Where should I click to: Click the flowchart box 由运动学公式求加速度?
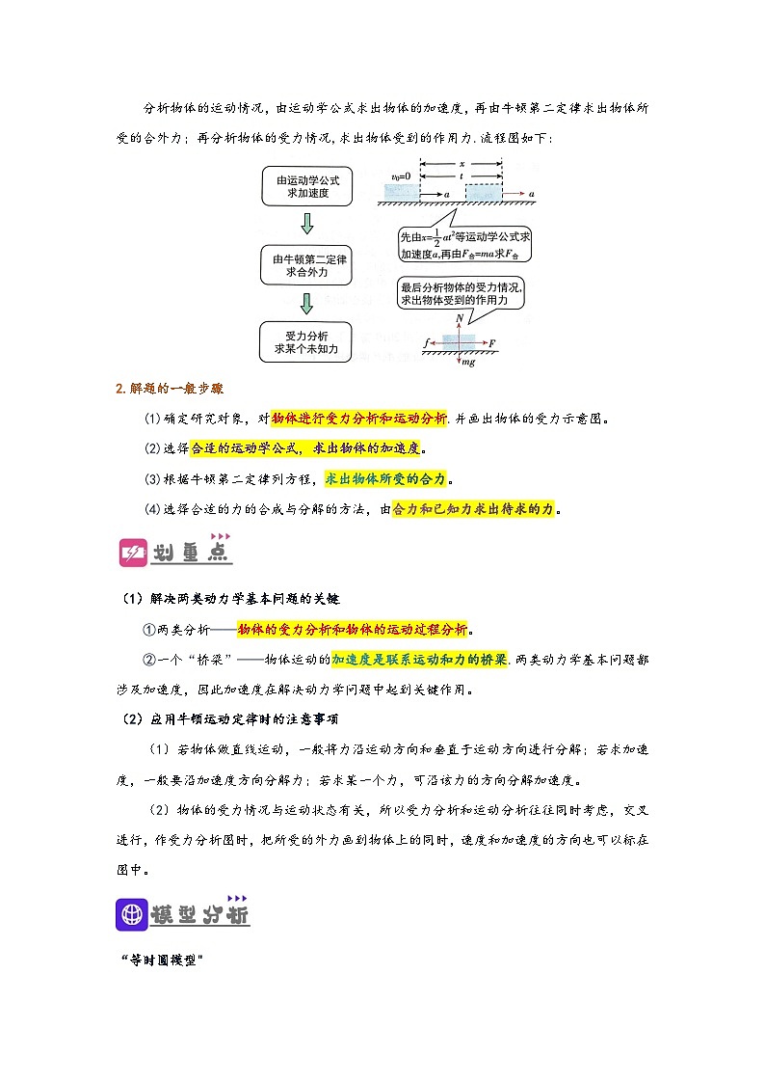pos(307,186)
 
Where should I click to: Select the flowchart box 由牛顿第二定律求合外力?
pos(307,265)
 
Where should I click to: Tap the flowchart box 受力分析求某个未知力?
pos(307,341)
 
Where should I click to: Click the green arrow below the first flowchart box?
pos(307,225)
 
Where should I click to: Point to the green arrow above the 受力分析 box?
pos(307,303)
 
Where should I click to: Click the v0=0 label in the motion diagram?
pos(402,176)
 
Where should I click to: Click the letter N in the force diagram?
pos(461,317)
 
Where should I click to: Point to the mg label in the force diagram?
pos(468,363)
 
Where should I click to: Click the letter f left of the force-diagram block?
pos(426,342)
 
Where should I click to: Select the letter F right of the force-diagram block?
pos(492,342)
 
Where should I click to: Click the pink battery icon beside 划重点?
pos(131,554)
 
